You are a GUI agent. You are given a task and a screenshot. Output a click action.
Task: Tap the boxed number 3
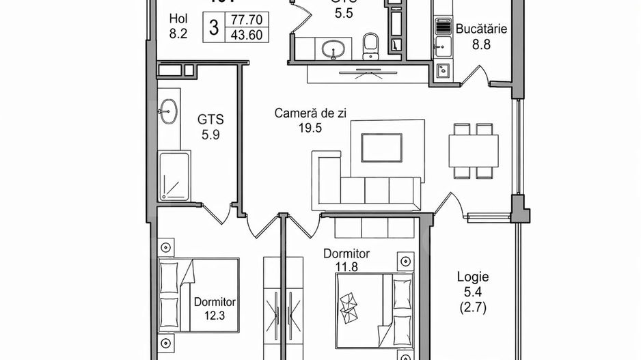pyautogui.click(x=215, y=27)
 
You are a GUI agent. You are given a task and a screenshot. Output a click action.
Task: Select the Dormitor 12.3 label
pyautogui.click(x=215, y=308)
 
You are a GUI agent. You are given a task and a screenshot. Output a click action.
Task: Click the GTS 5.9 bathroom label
pyautogui.click(x=210, y=126)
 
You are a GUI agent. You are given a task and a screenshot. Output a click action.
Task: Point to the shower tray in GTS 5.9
pyautogui.click(x=174, y=177)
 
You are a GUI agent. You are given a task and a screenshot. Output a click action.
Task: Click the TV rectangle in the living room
pyautogui.click(x=381, y=146)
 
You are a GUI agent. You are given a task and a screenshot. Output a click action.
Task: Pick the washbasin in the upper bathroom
pyautogui.click(x=335, y=49)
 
